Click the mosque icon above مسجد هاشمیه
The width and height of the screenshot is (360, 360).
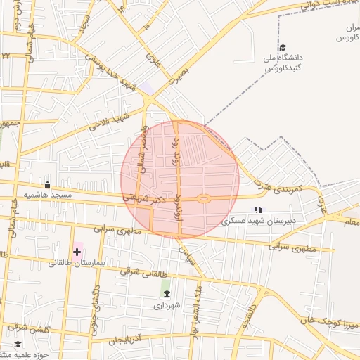click(x=47, y=185)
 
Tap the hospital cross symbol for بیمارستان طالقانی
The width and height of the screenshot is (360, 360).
click(x=77, y=251)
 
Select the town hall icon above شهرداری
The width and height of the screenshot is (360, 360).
click(x=166, y=294)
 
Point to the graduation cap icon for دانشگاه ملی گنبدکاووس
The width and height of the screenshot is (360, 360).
click(x=283, y=47)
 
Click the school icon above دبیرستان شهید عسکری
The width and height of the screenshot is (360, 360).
click(x=258, y=209)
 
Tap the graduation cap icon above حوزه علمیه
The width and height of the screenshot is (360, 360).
click(x=18, y=345)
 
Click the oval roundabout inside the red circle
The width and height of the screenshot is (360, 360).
click(x=204, y=198)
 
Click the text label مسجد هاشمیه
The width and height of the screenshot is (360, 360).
click(x=47, y=195)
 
